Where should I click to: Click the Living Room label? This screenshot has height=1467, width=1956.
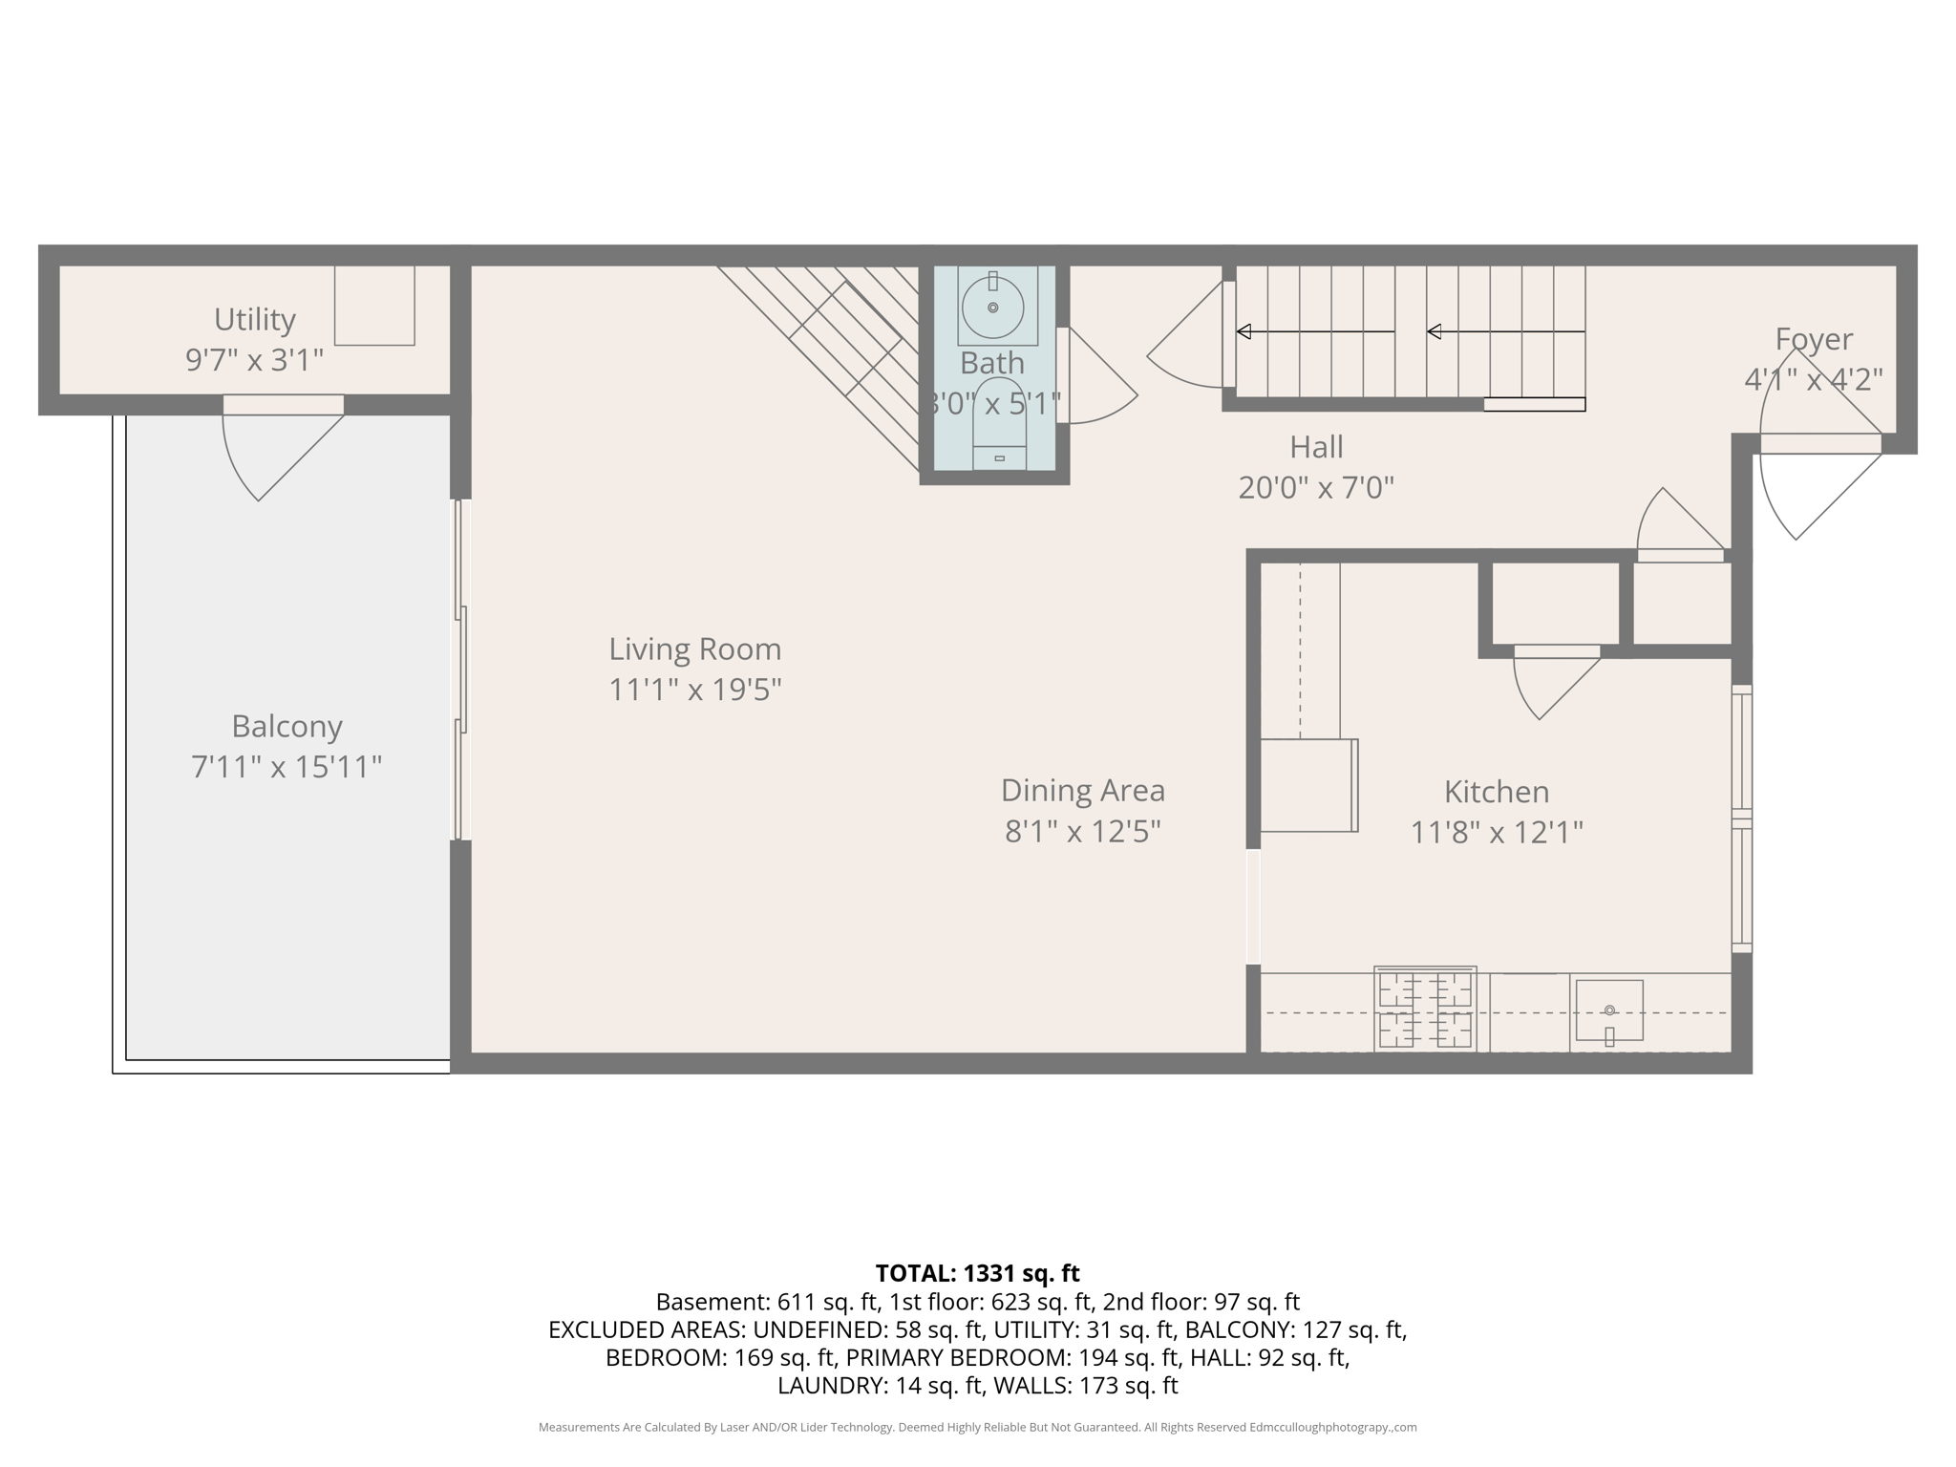[x=694, y=649]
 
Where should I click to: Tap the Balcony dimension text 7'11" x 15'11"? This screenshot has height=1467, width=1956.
[x=287, y=767]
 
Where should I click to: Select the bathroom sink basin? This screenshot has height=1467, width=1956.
[x=992, y=308]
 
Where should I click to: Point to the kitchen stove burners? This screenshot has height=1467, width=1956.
[x=1424, y=1010]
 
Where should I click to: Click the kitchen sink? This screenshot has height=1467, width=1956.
[x=1608, y=1010]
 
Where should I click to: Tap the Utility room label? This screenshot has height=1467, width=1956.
[x=254, y=319]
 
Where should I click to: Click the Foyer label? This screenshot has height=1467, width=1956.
[x=1813, y=339]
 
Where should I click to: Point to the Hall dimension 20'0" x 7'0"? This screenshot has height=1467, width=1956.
[x=1315, y=488]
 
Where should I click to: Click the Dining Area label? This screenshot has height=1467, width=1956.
[x=1082, y=791]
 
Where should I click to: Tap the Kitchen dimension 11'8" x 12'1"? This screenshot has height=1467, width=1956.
[x=1496, y=833]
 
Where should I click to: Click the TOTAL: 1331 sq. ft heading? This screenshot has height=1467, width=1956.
[x=977, y=1273]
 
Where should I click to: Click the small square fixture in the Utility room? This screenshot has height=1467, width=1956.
[x=374, y=305]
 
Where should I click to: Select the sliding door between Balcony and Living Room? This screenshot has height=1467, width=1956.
[x=461, y=669]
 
